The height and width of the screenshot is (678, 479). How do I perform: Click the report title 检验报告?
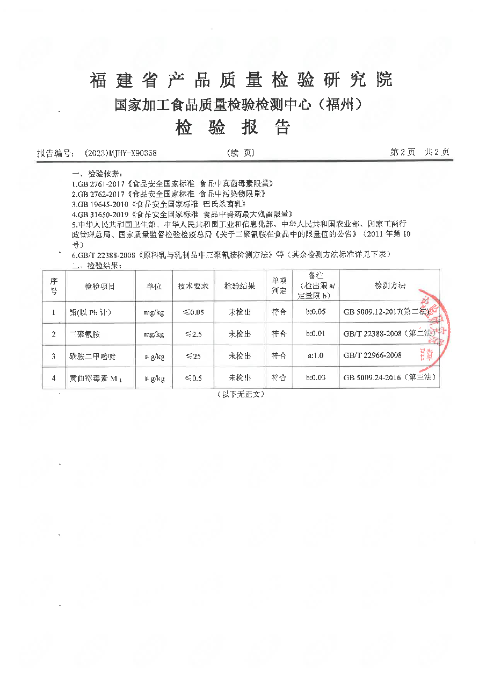(x=233, y=127)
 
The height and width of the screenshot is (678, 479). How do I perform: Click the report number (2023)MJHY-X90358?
(x=120, y=153)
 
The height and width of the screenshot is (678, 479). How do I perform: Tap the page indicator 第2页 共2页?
(x=419, y=153)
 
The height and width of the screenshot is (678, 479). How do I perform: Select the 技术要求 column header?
(x=193, y=286)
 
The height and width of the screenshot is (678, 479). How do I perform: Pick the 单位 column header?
(x=154, y=286)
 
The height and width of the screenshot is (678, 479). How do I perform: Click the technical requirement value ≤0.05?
(x=193, y=312)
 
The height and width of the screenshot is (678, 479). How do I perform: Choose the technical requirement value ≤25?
(x=193, y=356)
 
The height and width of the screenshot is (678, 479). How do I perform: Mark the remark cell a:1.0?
(x=316, y=356)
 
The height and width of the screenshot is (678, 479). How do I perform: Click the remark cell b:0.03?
(x=316, y=378)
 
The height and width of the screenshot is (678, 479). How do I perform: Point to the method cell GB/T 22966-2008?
(x=372, y=356)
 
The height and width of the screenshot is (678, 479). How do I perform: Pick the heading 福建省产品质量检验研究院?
(x=241, y=81)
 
